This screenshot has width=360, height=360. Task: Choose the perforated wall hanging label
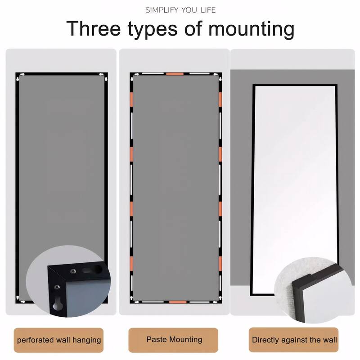[59, 340]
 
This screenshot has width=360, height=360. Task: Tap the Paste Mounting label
[174, 340]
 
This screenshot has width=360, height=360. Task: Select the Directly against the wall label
[294, 340]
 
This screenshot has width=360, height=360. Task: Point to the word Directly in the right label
[266, 340]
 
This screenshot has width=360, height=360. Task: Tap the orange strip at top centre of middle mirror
[174, 73]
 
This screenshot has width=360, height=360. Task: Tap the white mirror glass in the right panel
[294, 180]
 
